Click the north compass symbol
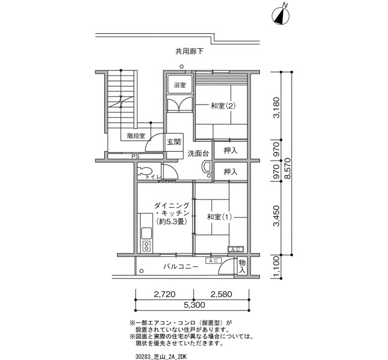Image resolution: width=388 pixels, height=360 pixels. click(x=280, y=16)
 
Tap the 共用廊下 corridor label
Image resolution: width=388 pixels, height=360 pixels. click(x=190, y=52)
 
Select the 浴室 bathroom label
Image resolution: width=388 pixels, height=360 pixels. click(x=180, y=85)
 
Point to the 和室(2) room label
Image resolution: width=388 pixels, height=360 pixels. click(x=223, y=106)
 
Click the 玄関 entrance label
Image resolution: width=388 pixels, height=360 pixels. click(x=174, y=142)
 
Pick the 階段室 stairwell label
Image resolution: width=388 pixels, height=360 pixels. click(x=136, y=136)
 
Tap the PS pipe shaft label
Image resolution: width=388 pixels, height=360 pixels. click(x=135, y=157)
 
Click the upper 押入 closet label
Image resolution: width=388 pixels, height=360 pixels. click(x=231, y=150)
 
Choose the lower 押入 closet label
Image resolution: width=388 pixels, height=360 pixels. click(x=231, y=172)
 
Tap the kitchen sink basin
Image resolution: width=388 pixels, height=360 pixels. click(x=147, y=233)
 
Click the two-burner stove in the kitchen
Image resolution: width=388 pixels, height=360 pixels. click(x=147, y=246)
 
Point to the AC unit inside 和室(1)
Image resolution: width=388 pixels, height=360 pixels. click(x=236, y=249)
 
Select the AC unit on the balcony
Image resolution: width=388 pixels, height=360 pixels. click(x=213, y=261)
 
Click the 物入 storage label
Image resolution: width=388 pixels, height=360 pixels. click(x=242, y=266)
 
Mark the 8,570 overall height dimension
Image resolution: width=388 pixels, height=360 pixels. click(x=288, y=168)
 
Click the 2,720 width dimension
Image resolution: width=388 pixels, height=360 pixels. click(x=165, y=294)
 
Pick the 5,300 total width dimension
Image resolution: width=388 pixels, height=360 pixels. click(x=194, y=305)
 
